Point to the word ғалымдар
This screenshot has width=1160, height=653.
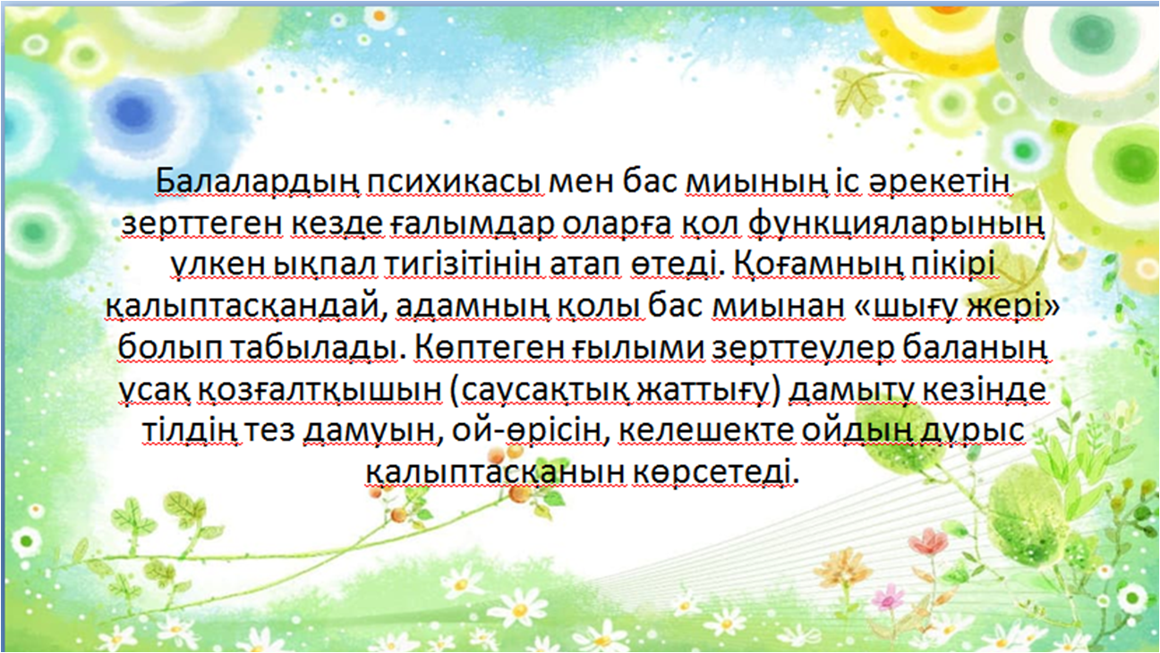click(x=471, y=225)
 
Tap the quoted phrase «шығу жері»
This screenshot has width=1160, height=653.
click(x=955, y=307)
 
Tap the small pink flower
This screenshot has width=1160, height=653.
click(x=889, y=597)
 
